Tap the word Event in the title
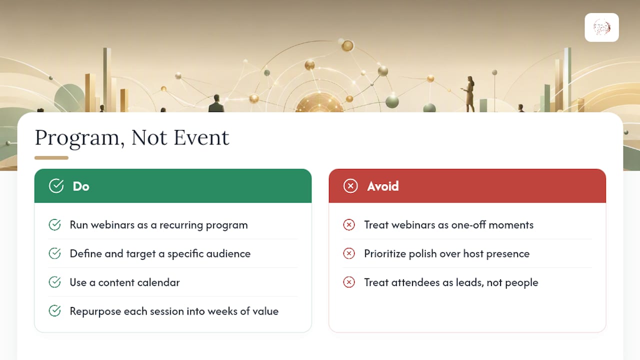[201, 137]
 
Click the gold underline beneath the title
[51, 157]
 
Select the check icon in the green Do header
[56, 186]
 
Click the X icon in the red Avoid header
[350, 186]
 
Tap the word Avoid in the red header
[383, 186]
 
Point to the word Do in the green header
[81, 186]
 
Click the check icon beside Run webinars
[54, 224]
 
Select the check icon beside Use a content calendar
[54, 282]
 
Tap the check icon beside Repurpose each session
[54, 311]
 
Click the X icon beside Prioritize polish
[349, 253]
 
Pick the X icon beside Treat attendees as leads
[349, 282]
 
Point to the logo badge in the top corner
[601, 27]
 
